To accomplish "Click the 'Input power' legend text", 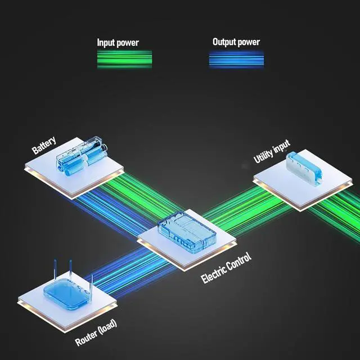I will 118,43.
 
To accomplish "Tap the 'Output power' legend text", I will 236,42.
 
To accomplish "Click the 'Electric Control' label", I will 226,269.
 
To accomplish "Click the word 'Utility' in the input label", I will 263,155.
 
